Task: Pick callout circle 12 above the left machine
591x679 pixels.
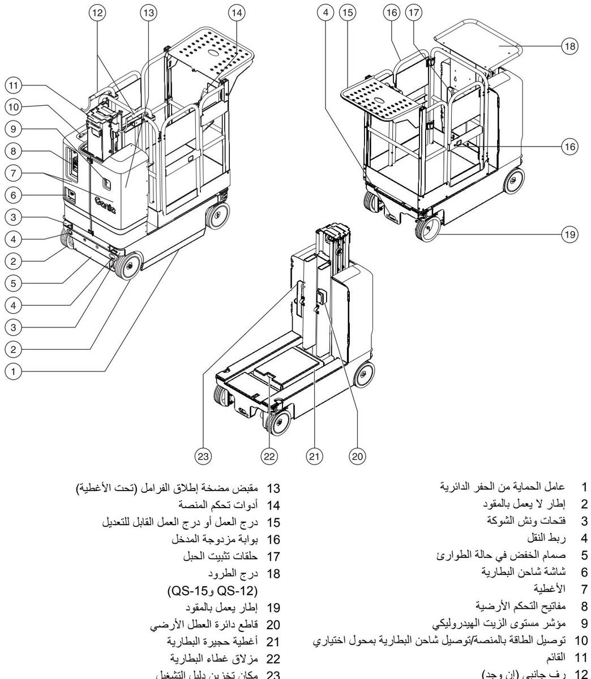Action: point(101,13)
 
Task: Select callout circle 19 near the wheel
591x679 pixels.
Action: point(572,232)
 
